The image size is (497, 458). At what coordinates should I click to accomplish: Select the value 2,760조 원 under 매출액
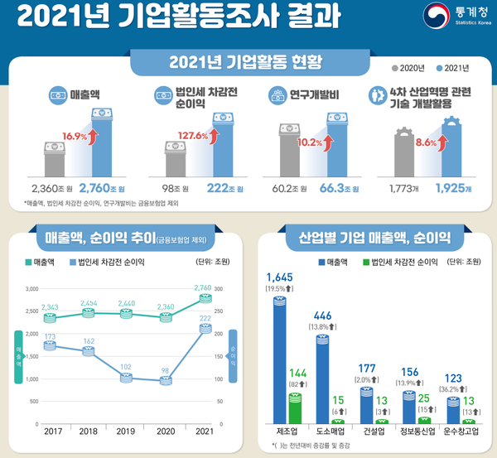[x=105, y=189]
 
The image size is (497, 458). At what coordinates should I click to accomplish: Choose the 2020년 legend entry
[x=408, y=67]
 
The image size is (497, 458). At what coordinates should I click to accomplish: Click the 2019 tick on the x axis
[x=126, y=433]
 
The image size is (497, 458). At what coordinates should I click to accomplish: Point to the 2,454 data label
[x=89, y=304]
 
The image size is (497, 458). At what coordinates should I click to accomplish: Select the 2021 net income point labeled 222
[x=205, y=329]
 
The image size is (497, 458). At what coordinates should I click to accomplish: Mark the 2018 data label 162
[x=89, y=340]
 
